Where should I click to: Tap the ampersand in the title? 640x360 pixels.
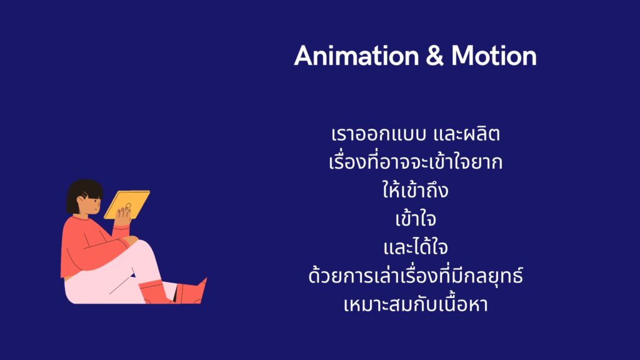(x=435, y=56)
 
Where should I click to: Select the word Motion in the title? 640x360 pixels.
(x=494, y=56)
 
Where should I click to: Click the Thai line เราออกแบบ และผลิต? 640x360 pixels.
(x=416, y=134)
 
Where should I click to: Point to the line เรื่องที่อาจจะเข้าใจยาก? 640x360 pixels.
(x=416, y=161)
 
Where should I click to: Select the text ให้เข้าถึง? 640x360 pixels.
(x=416, y=189)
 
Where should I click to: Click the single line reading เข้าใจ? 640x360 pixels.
(x=416, y=218)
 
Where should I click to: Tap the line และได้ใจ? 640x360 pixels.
(x=416, y=246)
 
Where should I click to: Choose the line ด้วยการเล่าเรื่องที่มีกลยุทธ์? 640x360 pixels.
(x=416, y=275)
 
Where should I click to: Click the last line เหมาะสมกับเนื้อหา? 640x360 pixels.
(x=416, y=304)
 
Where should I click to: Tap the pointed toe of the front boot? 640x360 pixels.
(x=205, y=279)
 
